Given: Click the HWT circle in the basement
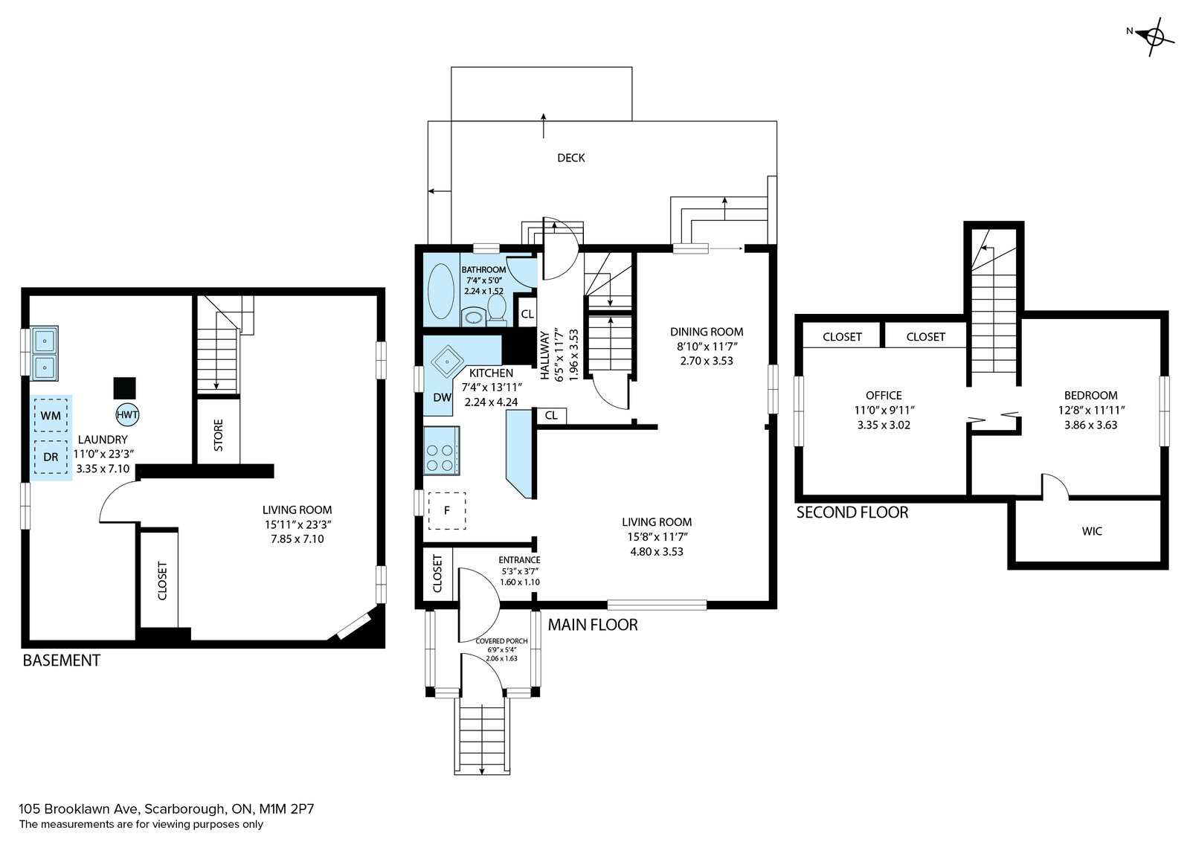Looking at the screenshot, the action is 127,415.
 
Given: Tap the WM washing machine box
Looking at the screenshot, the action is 51,416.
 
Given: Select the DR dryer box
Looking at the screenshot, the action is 51,456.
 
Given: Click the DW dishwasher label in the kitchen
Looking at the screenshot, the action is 442,397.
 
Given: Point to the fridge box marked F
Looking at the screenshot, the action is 447,510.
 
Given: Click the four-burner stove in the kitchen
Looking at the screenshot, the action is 441,451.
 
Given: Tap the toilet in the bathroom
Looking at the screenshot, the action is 497,307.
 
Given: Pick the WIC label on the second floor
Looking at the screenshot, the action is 1092,530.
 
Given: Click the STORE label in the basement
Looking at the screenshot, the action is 219,435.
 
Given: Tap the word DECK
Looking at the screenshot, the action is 571,158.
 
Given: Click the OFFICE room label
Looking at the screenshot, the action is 884,395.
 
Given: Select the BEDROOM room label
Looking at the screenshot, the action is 1090,395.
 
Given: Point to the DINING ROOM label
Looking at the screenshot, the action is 707,332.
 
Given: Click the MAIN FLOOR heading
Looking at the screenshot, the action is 593,625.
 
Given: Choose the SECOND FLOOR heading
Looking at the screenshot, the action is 852,512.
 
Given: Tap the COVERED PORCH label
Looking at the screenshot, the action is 501,641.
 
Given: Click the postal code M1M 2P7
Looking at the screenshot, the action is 286,809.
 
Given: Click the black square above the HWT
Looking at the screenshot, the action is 124,388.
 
